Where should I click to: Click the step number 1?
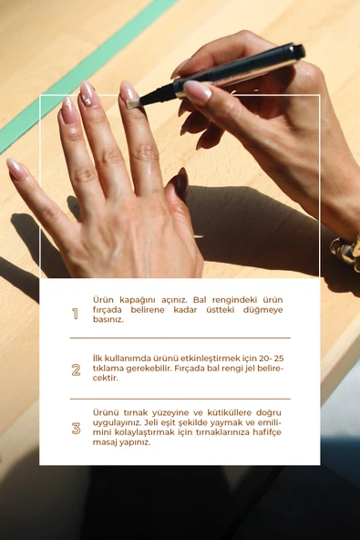[x=75, y=314]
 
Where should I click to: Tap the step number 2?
[x=76, y=369]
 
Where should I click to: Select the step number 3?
[x=76, y=429]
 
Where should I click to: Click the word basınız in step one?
[x=108, y=319]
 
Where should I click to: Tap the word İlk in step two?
[x=98, y=358]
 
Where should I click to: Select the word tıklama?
[x=108, y=369]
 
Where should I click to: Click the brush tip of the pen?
[x=131, y=104]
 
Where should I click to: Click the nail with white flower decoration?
[x=87, y=94]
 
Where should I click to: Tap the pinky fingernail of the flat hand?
[x=16, y=169]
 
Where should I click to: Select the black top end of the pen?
[x=298, y=52]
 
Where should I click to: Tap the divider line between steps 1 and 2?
[x=180, y=338]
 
